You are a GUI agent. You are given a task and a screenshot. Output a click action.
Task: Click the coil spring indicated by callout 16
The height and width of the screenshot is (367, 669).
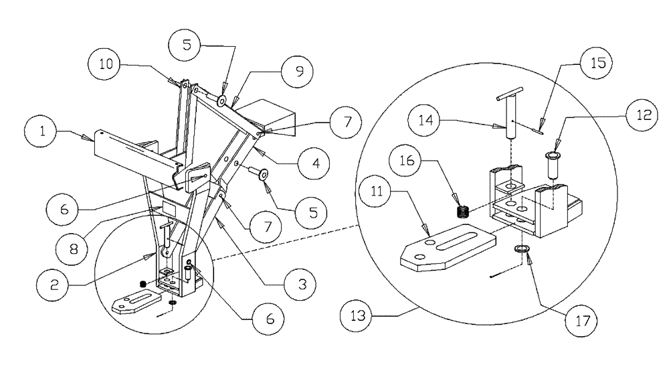click(460, 212)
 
